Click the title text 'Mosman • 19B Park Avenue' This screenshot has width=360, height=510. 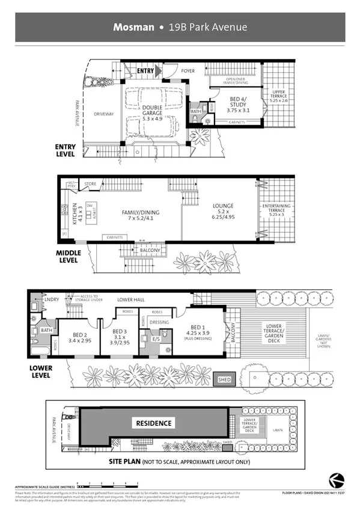point(180,27)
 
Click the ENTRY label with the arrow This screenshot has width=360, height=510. point(146,70)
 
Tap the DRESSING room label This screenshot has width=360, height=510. point(159,322)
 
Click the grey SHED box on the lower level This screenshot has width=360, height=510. point(224,379)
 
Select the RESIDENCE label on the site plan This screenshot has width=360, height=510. point(153,423)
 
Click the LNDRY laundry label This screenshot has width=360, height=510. point(50,299)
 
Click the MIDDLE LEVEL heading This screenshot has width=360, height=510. point(69,257)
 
